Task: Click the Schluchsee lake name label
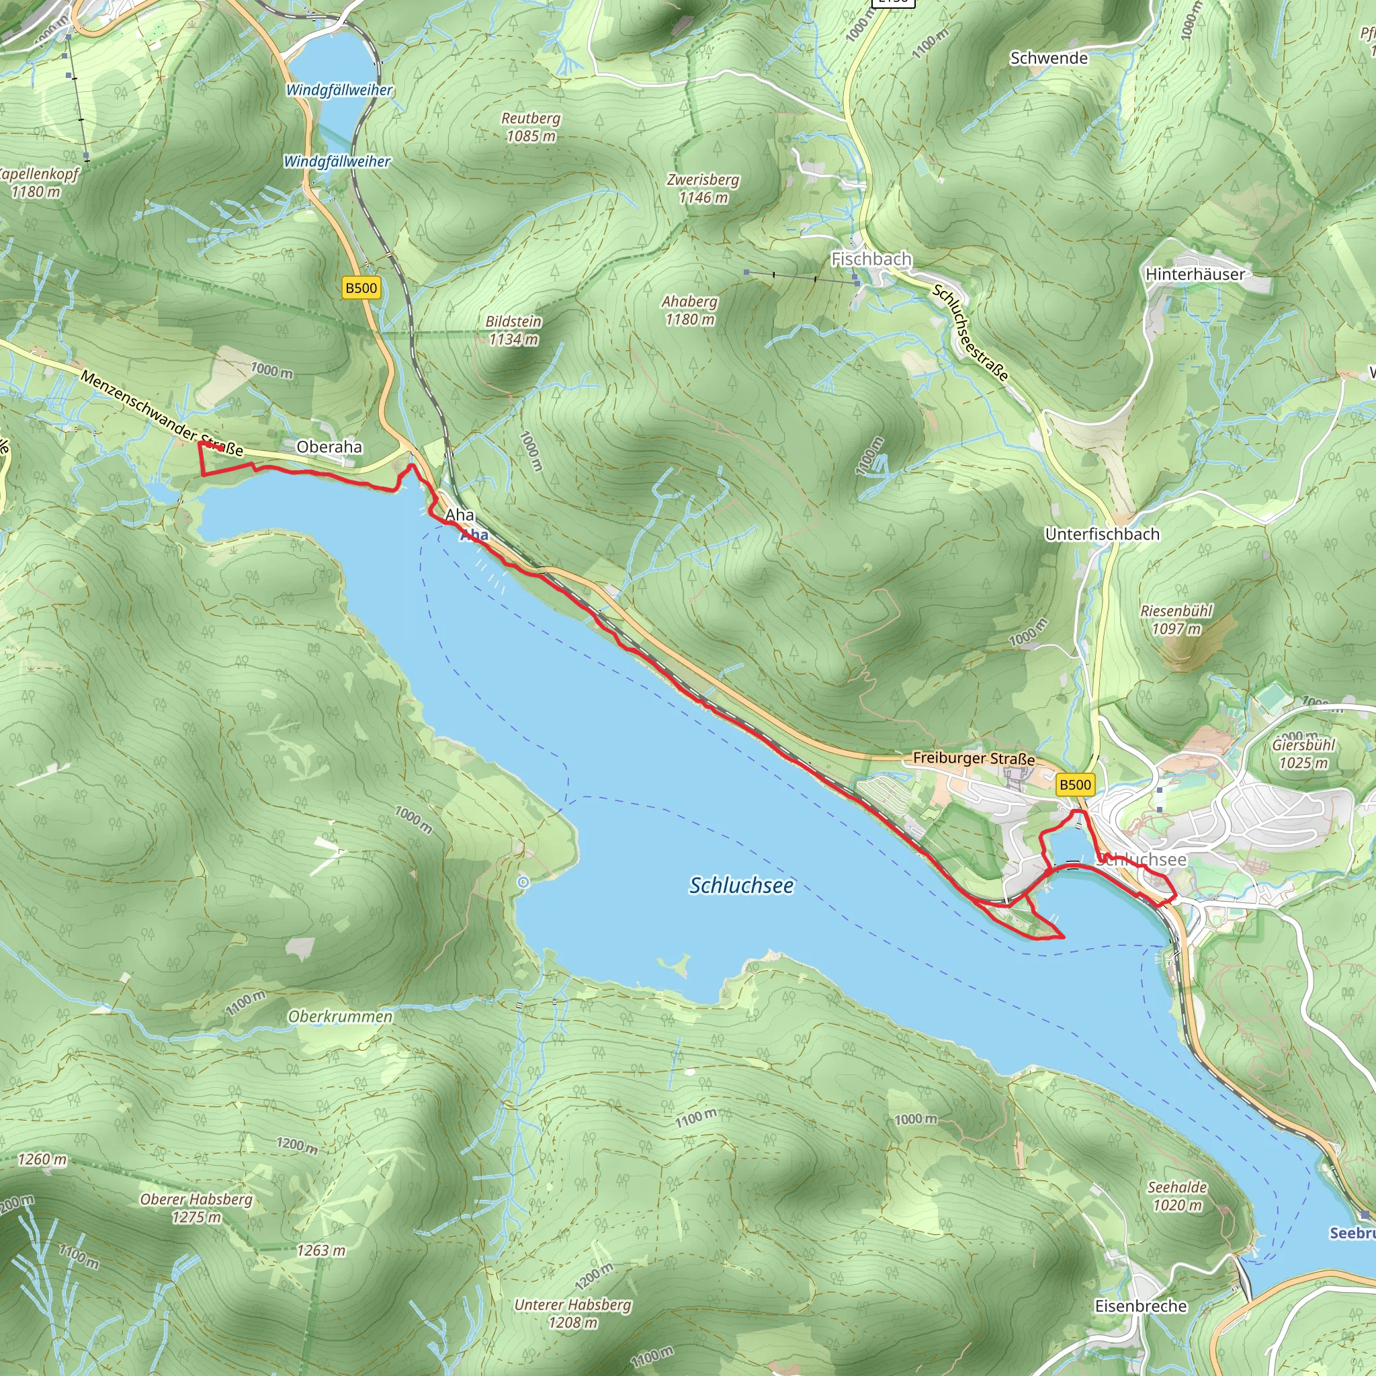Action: coord(740,886)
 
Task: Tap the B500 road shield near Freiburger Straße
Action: coord(1075,785)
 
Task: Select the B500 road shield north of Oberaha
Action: coord(361,288)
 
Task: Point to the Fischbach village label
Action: coord(871,259)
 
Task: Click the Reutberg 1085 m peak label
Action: coord(531,127)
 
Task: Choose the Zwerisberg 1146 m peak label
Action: coord(703,189)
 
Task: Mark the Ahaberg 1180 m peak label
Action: coord(689,310)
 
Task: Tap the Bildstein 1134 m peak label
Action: coord(513,331)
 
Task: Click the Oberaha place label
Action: coord(329,447)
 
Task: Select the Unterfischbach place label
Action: coord(1102,534)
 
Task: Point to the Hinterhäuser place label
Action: coord(1195,274)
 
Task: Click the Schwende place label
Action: coord(1048,58)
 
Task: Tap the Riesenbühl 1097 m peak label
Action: coord(1176,619)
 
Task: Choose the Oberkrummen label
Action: coord(341,1017)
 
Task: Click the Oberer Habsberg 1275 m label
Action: coord(197,1208)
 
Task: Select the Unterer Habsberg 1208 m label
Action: coord(572,1314)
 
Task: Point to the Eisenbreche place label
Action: coord(1140,1306)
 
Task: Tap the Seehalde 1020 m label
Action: coord(1177,1196)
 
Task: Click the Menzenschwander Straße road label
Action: coord(161,413)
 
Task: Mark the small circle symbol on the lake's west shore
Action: coord(523,882)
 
